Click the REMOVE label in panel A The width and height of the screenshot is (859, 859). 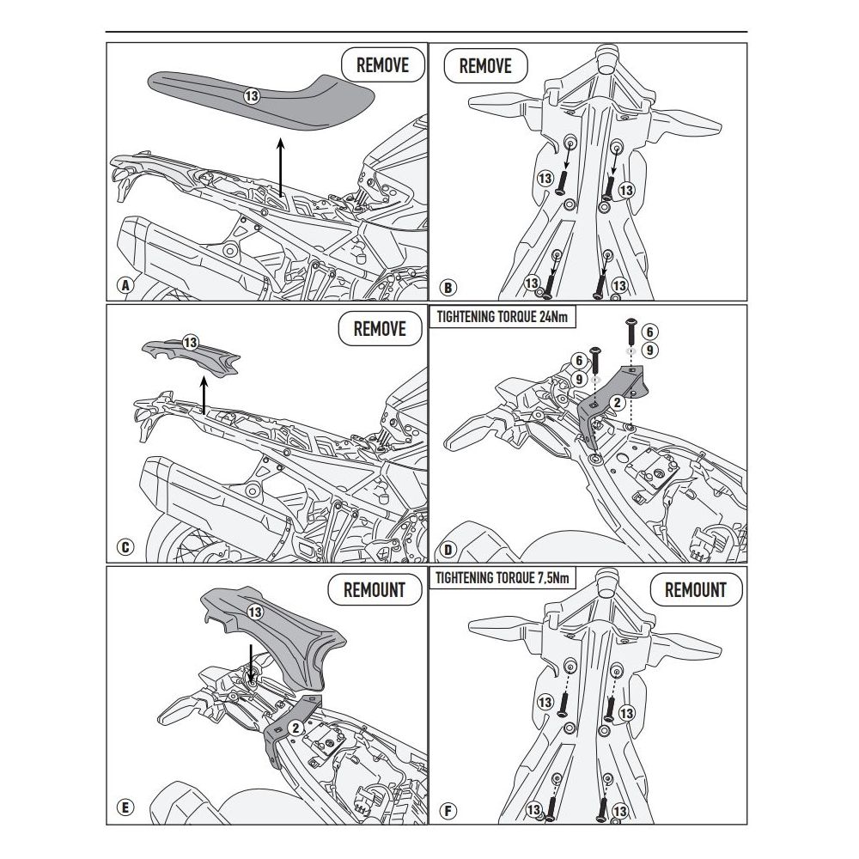[x=382, y=65]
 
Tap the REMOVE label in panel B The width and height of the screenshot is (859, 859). [x=484, y=66]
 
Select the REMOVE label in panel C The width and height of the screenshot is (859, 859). [x=380, y=329]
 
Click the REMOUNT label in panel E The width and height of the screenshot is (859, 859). [x=375, y=590]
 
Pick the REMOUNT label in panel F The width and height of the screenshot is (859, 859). [x=695, y=590]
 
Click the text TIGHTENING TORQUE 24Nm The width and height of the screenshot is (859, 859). [x=503, y=317]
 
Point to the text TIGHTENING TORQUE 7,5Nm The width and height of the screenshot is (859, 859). [x=503, y=577]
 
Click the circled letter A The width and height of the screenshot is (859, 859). [x=126, y=285]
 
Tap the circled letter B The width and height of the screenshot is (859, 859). [x=448, y=287]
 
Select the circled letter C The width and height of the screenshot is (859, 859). [x=125, y=547]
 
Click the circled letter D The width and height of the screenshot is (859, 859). [x=448, y=550]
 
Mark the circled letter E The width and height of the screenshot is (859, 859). [x=125, y=807]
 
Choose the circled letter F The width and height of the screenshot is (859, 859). [x=448, y=810]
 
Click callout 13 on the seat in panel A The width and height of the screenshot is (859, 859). [x=252, y=96]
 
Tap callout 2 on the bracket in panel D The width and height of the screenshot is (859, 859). [x=618, y=403]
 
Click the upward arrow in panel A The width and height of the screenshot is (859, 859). [x=281, y=168]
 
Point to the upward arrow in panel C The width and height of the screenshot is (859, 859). [x=204, y=395]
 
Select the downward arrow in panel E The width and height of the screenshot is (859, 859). [x=251, y=665]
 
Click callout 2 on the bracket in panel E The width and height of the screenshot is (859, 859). [x=295, y=728]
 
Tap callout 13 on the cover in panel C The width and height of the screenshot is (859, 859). [x=190, y=343]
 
